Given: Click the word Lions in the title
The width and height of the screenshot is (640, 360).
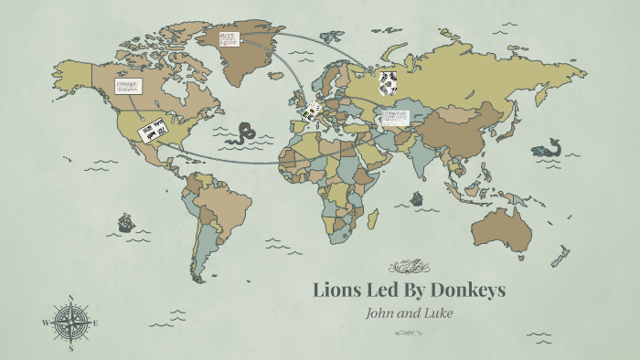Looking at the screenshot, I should [336, 291].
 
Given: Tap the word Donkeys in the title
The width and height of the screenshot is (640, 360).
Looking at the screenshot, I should [464, 291].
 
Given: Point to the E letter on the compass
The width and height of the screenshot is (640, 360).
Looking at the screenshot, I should [95, 323].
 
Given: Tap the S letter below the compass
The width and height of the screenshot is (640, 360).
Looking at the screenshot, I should [71, 347].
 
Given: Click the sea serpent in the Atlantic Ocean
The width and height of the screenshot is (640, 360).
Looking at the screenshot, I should [245, 135].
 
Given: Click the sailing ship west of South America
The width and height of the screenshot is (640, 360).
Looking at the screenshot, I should [125, 222].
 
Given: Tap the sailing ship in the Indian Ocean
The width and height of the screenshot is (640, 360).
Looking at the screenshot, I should [417, 197].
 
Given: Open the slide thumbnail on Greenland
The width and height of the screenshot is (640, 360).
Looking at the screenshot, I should [229, 39].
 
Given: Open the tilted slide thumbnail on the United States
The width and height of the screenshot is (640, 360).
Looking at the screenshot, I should [152, 129].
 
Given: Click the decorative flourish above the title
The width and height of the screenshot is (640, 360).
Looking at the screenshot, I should [409, 267].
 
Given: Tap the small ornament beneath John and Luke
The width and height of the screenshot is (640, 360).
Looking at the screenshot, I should [409, 332].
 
